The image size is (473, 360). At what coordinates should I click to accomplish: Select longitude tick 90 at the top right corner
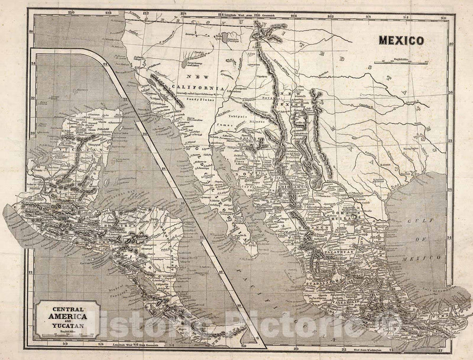443,17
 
